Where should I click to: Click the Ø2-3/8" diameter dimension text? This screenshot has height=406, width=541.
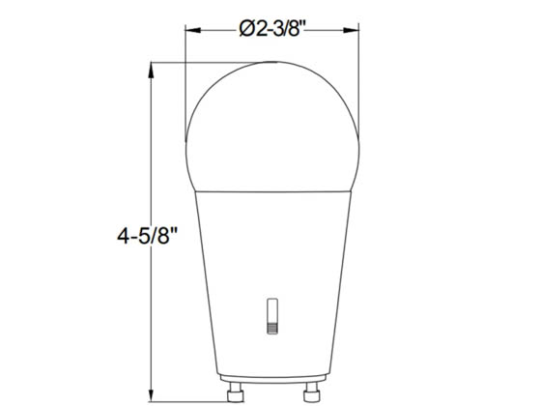tap(271, 29)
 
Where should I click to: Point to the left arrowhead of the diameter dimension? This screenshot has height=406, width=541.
tap(191, 29)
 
